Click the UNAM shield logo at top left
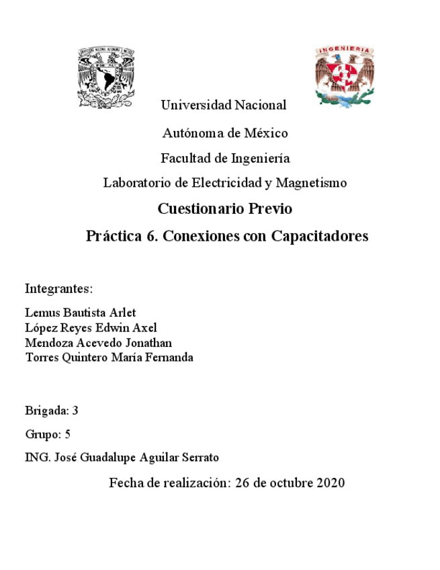coord(108,77)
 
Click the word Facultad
coord(185,159)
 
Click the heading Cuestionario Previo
coord(225,209)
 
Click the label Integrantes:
coord(58,289)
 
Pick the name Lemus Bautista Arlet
coord(80,313)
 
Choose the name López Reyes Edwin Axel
coord(90,328)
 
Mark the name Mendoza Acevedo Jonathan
coord(98,343)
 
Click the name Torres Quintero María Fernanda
coord(109,358)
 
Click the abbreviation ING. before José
coord(35,457)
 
